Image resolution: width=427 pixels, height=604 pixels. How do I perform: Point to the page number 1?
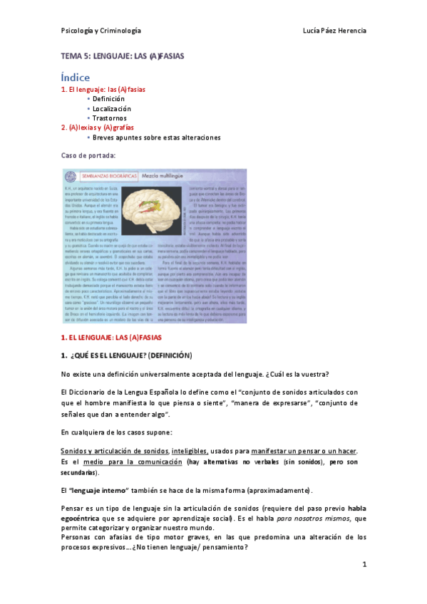pos(364,565)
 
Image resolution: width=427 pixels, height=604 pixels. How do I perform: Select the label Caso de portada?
pos(87,155)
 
